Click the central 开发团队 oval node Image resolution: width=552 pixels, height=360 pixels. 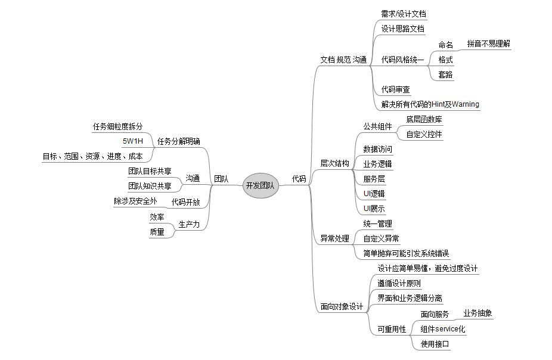261,185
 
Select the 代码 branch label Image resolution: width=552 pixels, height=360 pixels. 299,178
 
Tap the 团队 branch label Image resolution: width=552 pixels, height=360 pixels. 221,178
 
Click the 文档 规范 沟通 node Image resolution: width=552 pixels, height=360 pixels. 343,60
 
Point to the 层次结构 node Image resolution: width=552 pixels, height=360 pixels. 335,163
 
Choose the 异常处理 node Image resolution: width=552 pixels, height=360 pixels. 335,238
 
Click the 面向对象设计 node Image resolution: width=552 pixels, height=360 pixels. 342,306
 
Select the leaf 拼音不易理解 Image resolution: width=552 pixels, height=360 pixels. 489,44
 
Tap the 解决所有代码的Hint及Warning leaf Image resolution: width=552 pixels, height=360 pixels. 430,104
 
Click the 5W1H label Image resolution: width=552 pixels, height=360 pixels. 133,141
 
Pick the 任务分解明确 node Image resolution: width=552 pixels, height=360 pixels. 179,141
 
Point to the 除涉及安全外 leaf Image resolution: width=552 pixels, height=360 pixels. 135,201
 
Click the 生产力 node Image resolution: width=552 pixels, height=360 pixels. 189,224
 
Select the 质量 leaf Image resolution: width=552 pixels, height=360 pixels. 157,232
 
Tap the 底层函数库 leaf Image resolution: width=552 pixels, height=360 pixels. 424,119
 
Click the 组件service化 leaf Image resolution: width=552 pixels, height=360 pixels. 442,329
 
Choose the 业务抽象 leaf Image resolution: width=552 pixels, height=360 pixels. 477,313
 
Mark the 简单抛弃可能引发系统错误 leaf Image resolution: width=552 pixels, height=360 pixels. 406,253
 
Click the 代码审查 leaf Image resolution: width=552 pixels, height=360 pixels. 396,89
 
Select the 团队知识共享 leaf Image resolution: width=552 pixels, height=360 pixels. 150,185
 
